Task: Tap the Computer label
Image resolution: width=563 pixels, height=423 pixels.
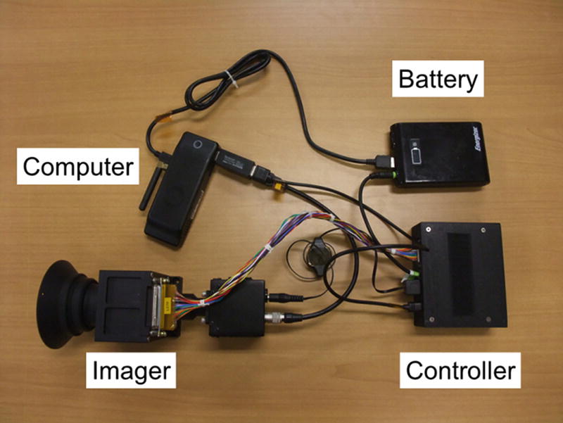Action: point(77,167)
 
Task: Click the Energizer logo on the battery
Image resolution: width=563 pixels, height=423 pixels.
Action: point(476,139)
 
